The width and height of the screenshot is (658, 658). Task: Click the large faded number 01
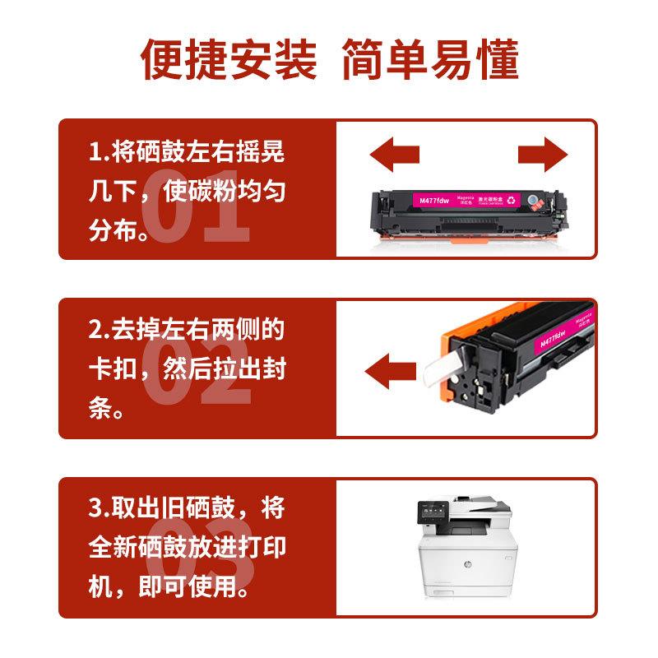[196, 206]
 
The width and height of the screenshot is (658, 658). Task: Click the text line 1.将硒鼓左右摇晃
[187, 153]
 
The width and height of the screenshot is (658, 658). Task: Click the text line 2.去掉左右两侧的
[187, 330]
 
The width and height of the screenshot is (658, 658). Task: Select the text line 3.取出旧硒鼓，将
[187, 508]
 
